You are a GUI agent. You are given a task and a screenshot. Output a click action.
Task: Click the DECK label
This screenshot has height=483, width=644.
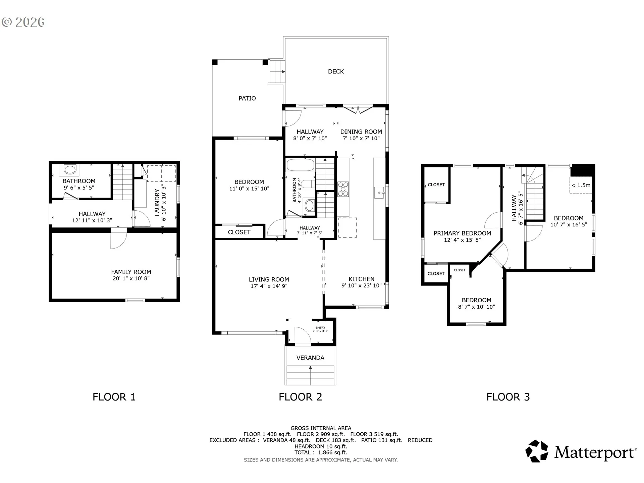pos(336,71)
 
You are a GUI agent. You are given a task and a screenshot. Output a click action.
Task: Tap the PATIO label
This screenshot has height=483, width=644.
pos(247,98)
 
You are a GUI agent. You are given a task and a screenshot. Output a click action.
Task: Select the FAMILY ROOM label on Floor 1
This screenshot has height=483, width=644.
pos(131,272)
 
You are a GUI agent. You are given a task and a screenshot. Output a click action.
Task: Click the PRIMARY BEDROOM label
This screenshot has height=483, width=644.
pos(462,233)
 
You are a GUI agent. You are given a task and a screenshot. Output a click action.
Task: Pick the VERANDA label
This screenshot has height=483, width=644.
pos(310,358)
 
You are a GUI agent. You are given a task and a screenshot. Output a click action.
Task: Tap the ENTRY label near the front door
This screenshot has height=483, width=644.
pos(320,328)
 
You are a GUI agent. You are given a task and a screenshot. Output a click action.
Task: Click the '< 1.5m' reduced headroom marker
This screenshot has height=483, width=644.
pos(581,185)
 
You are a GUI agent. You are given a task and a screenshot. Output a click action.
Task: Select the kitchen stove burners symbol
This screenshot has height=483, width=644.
pos(343,189)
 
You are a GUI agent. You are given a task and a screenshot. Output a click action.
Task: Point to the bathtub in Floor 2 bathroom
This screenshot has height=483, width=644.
pos(300,165)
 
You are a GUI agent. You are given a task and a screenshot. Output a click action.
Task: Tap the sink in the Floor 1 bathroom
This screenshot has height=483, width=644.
pos(70,170)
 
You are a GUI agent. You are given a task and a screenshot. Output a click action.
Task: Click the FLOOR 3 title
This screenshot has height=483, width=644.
pos(508,397)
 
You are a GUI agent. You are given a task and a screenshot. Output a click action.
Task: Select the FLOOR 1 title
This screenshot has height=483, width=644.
pos(114,397)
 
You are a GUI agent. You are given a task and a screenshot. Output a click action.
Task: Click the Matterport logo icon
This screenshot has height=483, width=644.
pos(537,451)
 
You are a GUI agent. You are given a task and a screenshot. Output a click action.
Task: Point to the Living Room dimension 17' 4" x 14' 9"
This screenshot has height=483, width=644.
pos(269,286)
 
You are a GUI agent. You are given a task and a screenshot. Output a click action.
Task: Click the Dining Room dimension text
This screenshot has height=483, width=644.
pos(361,138)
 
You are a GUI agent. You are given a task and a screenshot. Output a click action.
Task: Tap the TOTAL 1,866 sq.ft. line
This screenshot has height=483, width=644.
pos(321,452)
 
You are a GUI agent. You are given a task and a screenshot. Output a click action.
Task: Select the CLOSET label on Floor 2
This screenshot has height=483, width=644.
pos(239,232)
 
